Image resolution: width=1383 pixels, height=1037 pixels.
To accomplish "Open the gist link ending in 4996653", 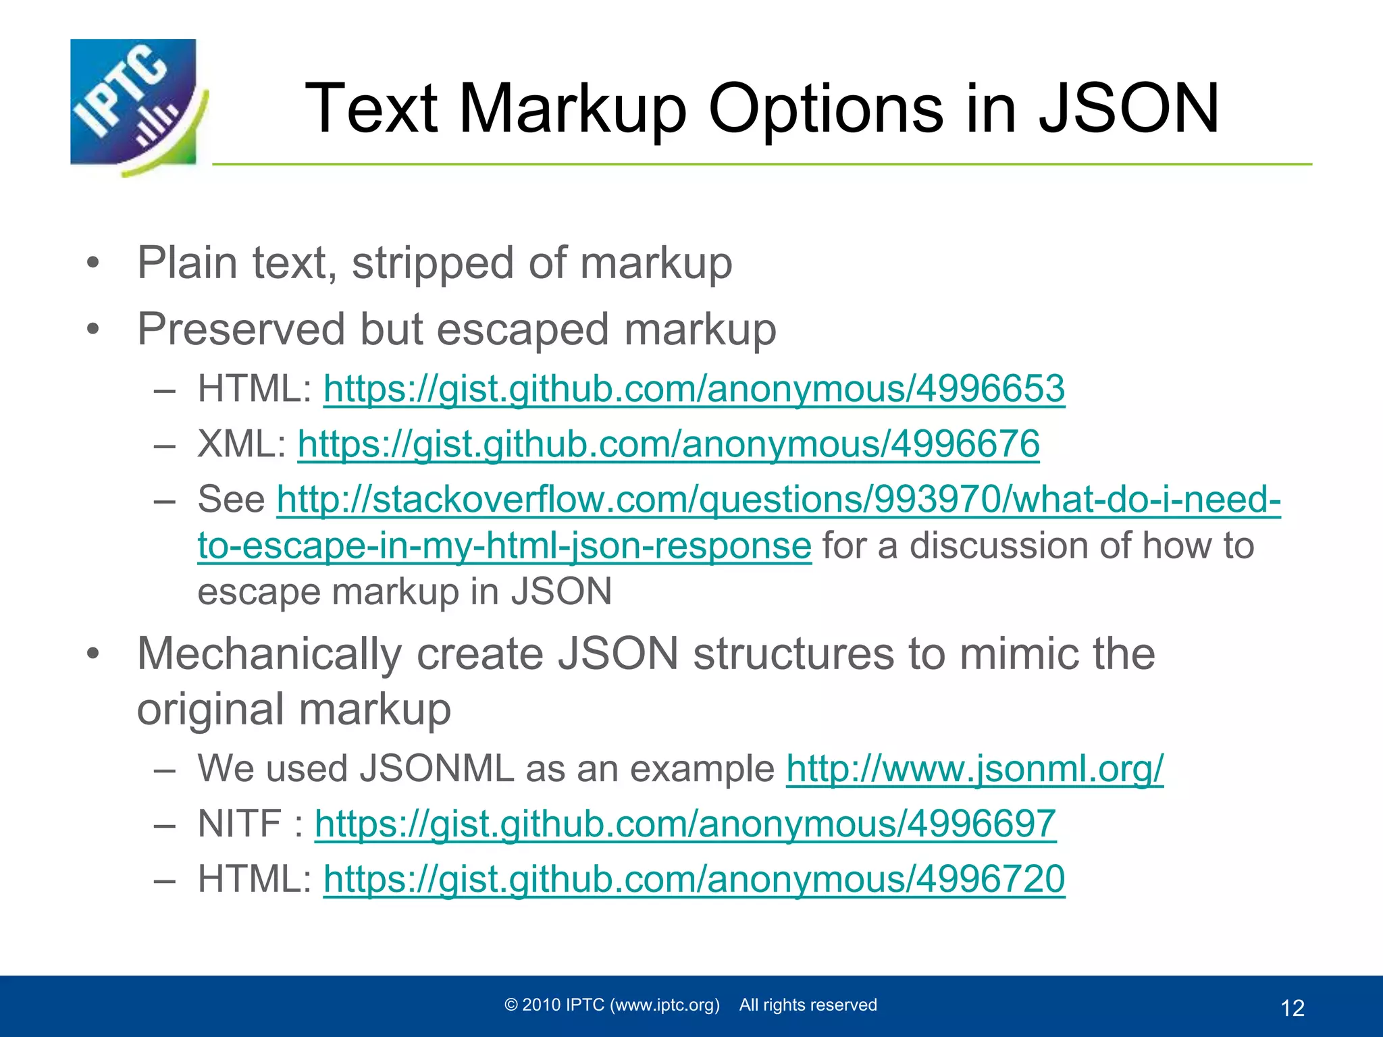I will coord(694,390).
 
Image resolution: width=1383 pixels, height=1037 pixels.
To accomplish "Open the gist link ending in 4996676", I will coord(668,444).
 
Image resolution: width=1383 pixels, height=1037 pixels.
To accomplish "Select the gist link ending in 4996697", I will coord(685,824).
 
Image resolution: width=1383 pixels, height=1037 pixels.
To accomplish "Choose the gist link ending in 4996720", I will coord(694,880).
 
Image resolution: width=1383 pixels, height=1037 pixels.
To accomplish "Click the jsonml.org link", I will coord(974,769).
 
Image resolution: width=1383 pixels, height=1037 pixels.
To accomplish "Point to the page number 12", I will coord(1292,1008).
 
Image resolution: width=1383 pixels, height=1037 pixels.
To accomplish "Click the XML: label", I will coord(242,444).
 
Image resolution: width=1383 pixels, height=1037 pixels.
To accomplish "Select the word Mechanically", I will coord(269,654).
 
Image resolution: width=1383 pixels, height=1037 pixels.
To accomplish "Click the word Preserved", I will coord(241,329).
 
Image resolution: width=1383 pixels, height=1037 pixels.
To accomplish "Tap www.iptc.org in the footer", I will coord(664,1005).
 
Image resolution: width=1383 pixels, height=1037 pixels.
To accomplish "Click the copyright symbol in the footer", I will coord(511,1005).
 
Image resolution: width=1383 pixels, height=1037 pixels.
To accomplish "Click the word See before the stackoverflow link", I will coord(231,500).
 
